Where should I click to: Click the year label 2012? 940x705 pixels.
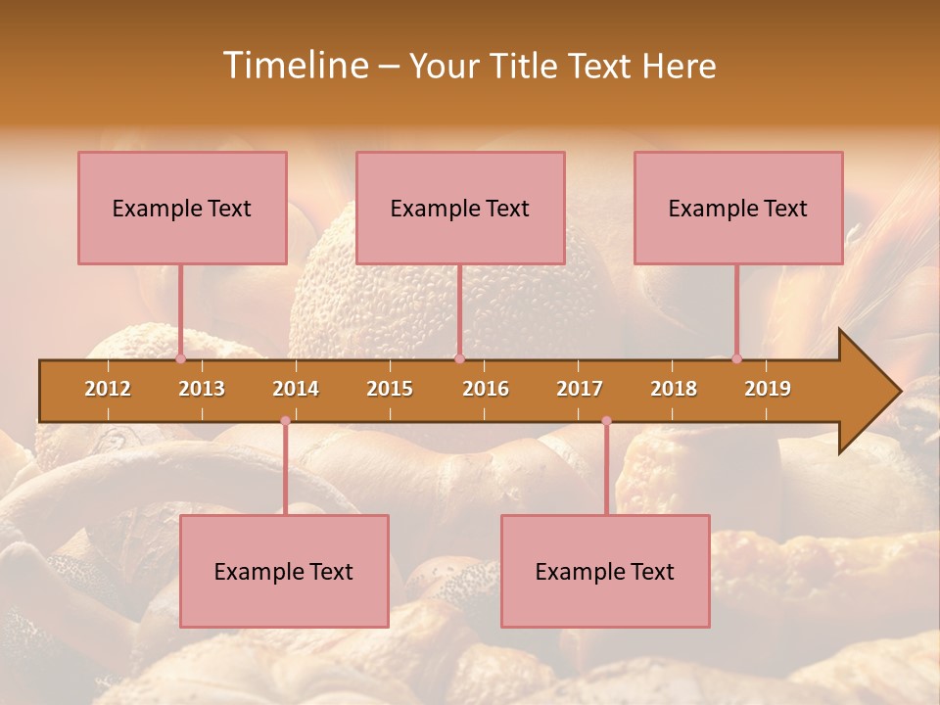[108, 389]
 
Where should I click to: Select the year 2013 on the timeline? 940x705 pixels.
[202, 389]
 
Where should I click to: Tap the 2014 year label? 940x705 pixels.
[296, 389]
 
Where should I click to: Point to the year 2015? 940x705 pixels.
[390, 389]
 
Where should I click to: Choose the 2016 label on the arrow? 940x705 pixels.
[486, 389]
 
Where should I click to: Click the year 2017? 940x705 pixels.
[580, 389]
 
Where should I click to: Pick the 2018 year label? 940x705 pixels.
[674, 389]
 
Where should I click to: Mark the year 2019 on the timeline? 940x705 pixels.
[768, 389]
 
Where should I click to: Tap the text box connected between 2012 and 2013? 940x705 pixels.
[182, 208]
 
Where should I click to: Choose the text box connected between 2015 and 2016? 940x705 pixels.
[460, 208]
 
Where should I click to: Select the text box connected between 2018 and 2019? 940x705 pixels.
[738, 208]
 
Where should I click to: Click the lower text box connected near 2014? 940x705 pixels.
[284, 571]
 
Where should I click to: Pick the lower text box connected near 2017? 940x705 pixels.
[605, 571]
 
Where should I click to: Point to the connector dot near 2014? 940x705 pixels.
[285, 421]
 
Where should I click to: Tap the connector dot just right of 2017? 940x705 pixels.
[606, 421]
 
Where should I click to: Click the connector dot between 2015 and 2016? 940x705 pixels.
[459, 358]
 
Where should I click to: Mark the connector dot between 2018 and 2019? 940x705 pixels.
[736, 358]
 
